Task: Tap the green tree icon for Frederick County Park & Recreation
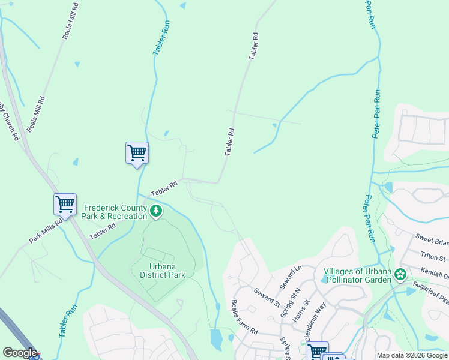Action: tap(156, 211)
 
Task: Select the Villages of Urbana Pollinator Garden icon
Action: tap(400, 274)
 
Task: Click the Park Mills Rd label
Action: tap(46, 231)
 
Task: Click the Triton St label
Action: tap(433, 257)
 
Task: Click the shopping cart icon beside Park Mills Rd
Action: tap(65, 203)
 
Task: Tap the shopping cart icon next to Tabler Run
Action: tap(137, 152)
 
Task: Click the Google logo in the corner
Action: tap(19, 353)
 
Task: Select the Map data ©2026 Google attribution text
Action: tap(412, 355)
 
